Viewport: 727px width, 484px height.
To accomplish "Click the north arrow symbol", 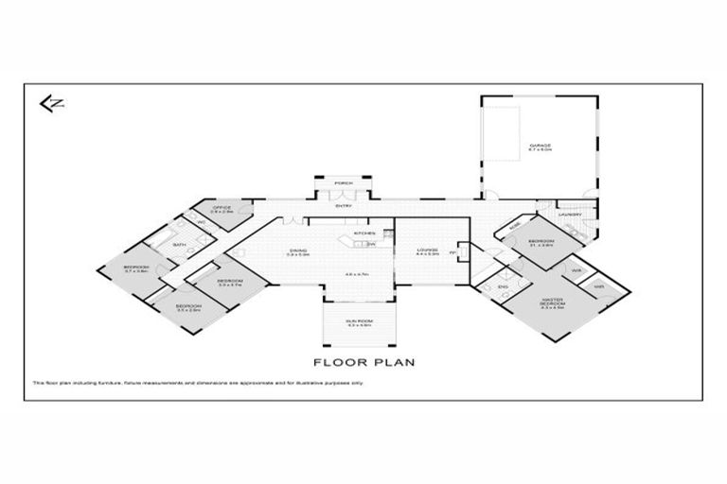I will coord(51,103).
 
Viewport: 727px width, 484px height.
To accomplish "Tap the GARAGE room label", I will coord(541,147).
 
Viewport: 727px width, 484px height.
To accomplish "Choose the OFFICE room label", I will coord(222,209).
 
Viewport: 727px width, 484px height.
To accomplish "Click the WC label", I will coord(201,224).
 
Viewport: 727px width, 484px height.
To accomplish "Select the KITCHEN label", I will coord(364,233).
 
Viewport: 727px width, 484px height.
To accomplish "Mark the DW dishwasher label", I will coord(372,245).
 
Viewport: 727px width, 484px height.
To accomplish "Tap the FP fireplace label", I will coord(453,253).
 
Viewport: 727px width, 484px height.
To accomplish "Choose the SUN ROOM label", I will coord(358,322).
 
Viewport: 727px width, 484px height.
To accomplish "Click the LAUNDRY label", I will coord(570,215).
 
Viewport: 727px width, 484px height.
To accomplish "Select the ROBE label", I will coord(514,227).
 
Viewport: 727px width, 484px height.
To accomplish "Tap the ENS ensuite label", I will coord(503,287).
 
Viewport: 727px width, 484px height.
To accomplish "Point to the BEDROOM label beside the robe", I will coord(541,242).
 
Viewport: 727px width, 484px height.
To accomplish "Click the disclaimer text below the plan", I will coord(199,383).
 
